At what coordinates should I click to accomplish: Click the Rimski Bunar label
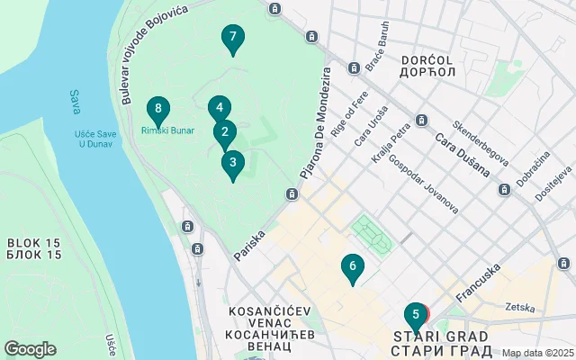(167, 130)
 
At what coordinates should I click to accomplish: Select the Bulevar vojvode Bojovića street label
(146, 51)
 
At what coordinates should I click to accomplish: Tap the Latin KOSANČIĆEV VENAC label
(270, 310)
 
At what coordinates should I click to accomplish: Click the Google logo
(30, 349)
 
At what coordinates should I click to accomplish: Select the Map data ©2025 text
(537, 354)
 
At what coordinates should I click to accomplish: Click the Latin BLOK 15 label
(33, 243)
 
